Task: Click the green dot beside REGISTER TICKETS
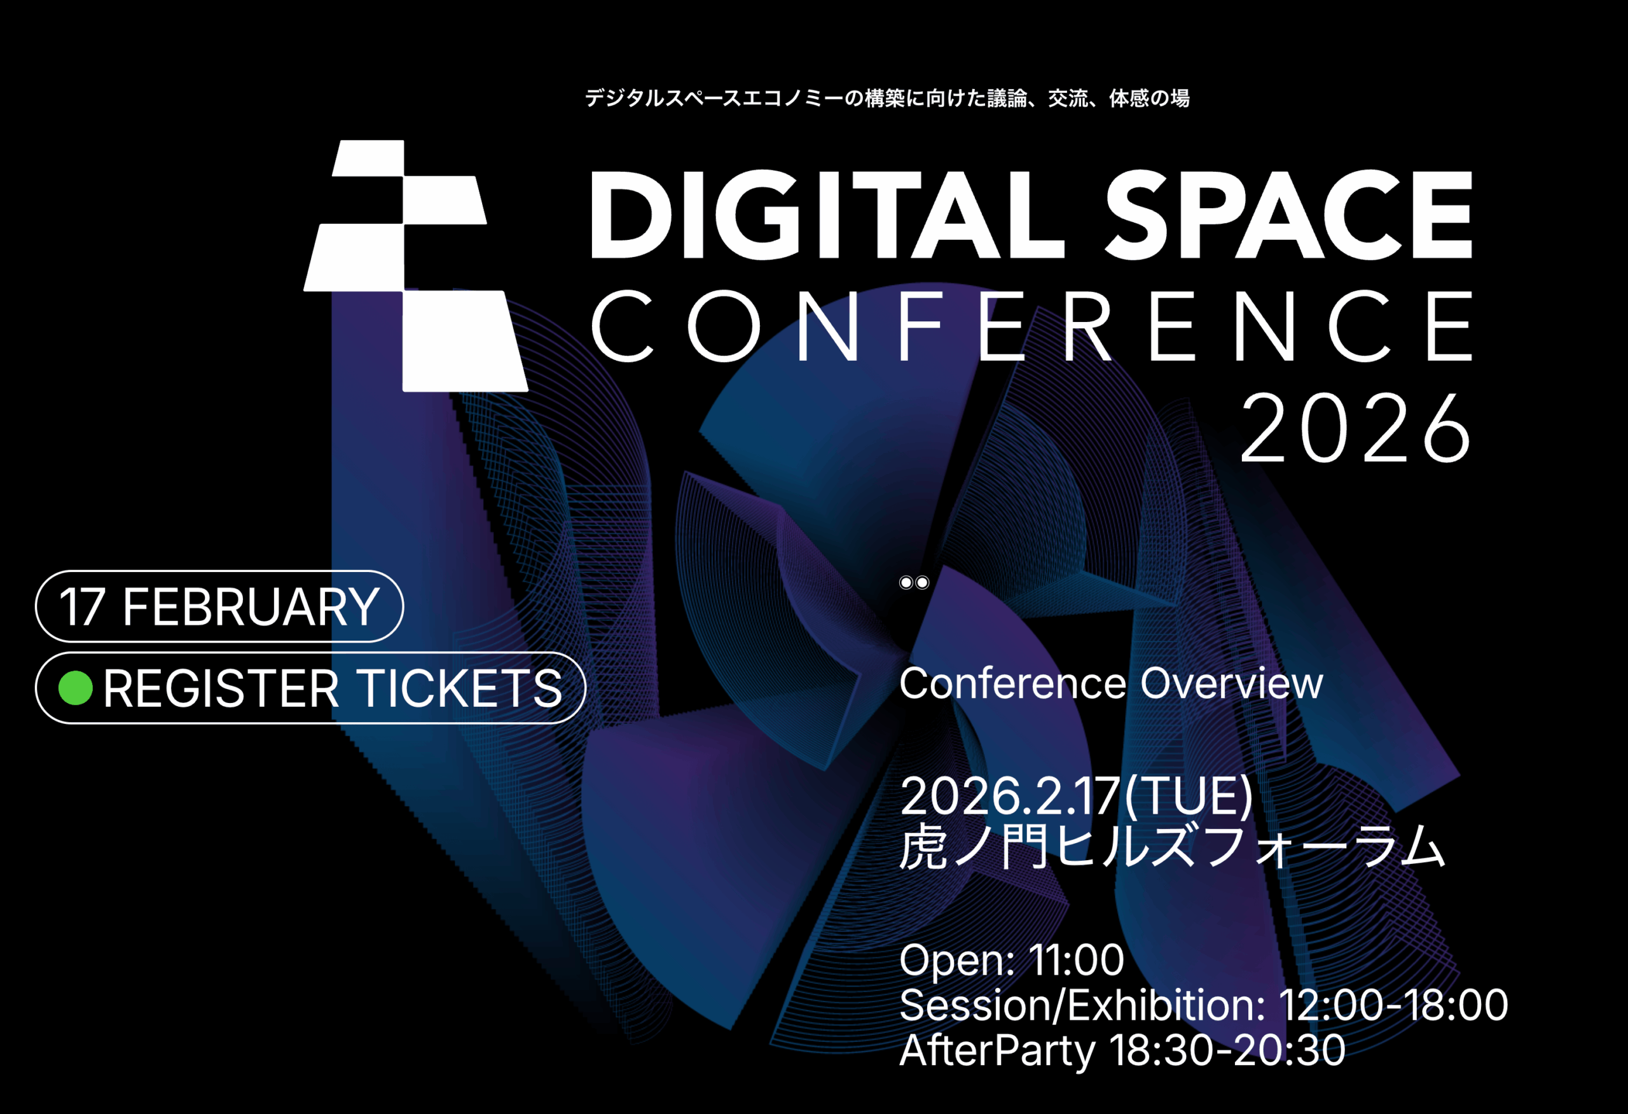(x=76, y=687)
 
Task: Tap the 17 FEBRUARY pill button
(x=219, y=606)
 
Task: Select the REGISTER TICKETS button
(x=310, y=687)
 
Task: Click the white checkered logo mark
(x=415, y=265)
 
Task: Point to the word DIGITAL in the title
(x=827, y=214)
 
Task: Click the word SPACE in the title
(x=1289, y=214)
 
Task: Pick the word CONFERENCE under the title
(x=1033, y=326)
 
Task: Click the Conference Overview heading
(x=1111, y=683)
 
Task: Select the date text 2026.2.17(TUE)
(x=1076, y=797)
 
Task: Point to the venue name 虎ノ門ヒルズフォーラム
(x=1172, y=847)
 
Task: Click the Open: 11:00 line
(x=1012, y=960)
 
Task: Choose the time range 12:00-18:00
(x=1393, y=1005)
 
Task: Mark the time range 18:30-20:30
(x=1227, y=1050)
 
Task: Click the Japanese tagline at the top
(x=887, y=98)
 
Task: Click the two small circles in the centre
(x=914, y=582)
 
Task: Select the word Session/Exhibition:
(x=1082, y=1005)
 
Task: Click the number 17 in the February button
(x=82, y=607)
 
